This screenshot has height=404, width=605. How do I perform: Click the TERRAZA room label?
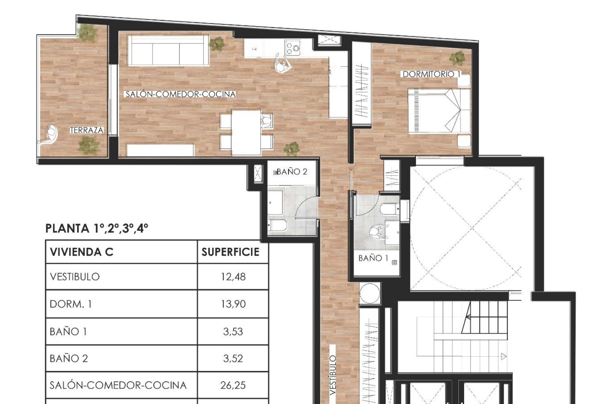87,130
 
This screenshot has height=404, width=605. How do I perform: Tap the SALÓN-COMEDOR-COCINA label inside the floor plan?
181,94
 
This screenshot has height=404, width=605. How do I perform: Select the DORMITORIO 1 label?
431,74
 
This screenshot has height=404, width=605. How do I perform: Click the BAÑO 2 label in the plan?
292,172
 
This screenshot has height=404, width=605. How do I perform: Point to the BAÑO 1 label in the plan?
373,258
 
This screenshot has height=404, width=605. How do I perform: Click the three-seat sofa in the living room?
168,50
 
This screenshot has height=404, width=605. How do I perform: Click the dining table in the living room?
246,132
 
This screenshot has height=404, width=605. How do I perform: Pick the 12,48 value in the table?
233,277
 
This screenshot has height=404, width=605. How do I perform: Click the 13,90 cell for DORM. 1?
233,304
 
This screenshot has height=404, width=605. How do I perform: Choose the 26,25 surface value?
233,385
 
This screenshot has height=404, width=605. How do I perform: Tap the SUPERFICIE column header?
230,252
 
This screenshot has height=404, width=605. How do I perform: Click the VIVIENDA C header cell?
82,252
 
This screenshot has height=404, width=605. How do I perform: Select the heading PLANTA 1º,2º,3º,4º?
97,228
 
